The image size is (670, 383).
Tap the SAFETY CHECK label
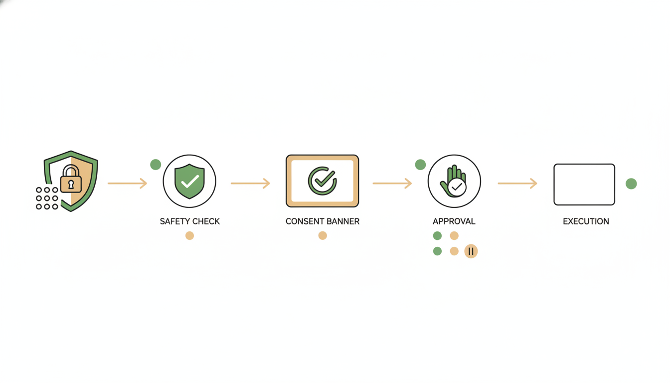(189, 221)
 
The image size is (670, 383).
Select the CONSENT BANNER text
(323, 221)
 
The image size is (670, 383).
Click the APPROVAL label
(454, 221)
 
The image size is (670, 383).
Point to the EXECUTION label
(586, 221)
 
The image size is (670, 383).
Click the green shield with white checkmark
(189, 181)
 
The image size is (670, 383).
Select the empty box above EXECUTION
(584, 185)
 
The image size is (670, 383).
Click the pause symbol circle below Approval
(471, 251)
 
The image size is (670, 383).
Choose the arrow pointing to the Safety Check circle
(128, 183)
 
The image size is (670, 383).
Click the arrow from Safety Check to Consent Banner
(250, 183)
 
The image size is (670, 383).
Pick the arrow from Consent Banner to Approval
(392, 183)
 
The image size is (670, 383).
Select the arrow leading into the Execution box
(517, 183)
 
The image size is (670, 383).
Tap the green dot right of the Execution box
(631, 184)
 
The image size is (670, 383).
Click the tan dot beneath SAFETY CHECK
(189, 236)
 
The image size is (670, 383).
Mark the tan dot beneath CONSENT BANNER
(323, 236)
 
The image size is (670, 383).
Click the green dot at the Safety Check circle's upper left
(156, 165)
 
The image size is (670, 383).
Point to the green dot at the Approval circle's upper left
(420, 165)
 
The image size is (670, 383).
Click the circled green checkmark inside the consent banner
(322, 181)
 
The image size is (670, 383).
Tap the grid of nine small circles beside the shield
(47, 198)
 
